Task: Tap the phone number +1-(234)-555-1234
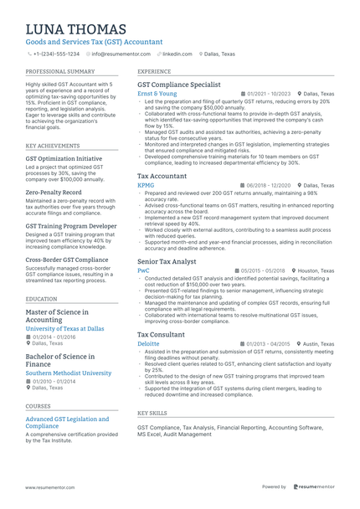click(56, 54)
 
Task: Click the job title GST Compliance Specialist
click(178, 85)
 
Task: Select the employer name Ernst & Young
click(157, 94)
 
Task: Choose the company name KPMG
click(146, 185)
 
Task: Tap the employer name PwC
click(143, 271)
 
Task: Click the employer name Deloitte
click(148, 343)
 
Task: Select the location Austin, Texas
click(319, 343)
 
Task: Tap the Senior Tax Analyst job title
click(167, 262)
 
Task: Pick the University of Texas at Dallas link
click(65, 329)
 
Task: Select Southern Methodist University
click(69, 373)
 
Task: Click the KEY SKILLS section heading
click(152, 413)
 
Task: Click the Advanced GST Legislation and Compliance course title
click(67, 422)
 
